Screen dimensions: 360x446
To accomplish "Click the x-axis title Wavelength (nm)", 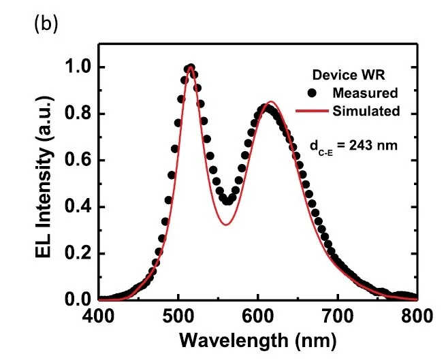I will pyautogui.click(x=258, y=338).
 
